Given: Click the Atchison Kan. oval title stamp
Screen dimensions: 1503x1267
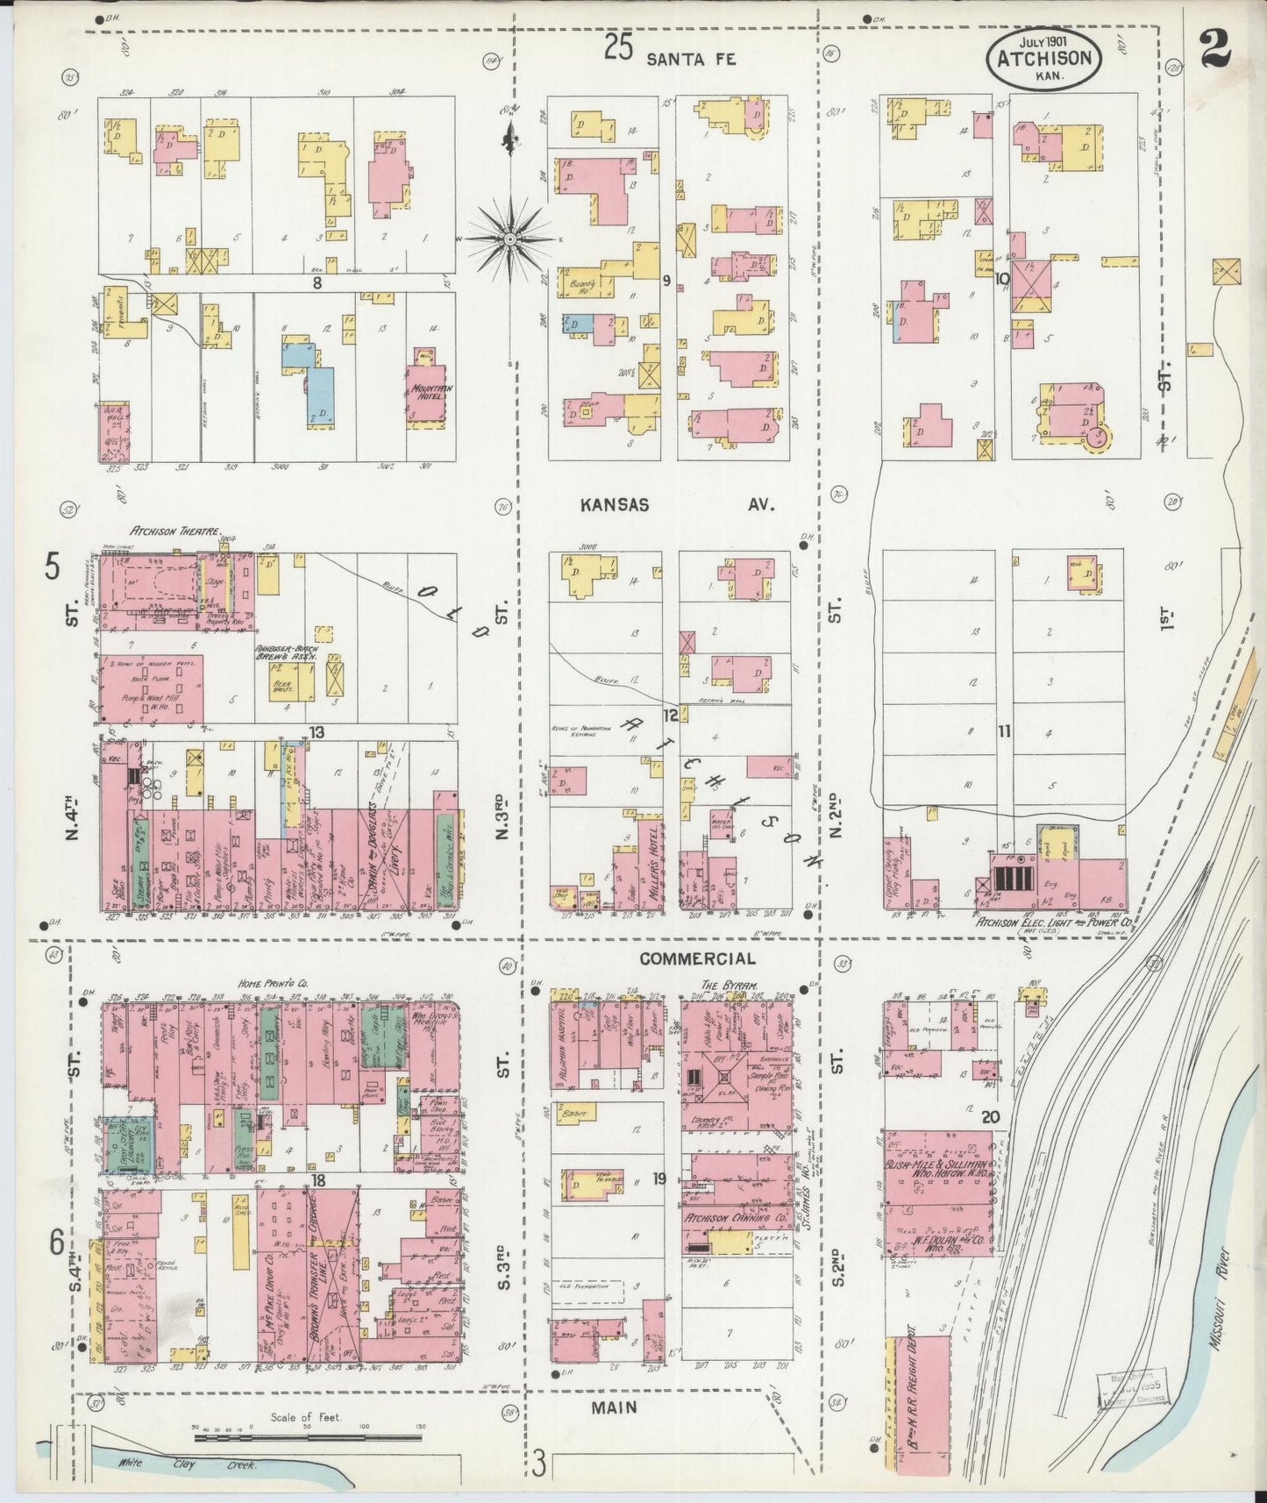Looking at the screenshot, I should [1043, 59].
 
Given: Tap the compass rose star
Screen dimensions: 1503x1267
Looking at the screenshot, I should [509, 239].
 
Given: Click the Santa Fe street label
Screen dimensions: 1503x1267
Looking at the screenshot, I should [691, 59].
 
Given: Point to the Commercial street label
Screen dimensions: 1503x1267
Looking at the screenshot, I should [697, 958].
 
